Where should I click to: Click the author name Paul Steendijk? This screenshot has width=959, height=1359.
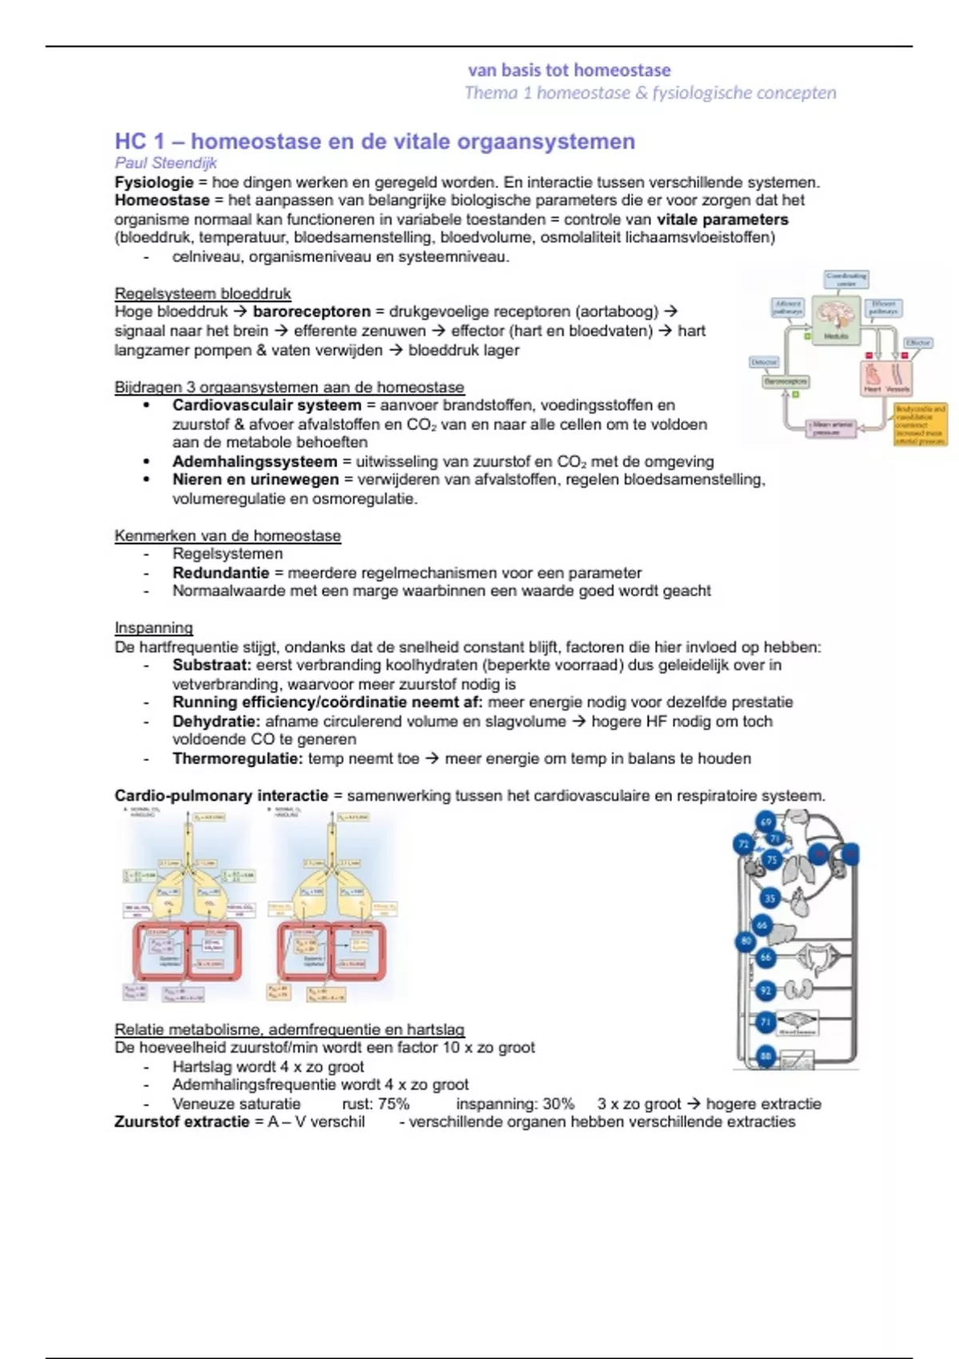pyautogui.click(x=165, y=163)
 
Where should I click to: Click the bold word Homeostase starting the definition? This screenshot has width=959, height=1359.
pyautogui.click(x=161, y=201)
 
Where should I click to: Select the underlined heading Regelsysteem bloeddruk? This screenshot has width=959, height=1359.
pyautogui.click(x=202, y=293)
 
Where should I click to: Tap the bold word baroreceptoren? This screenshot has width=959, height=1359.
pyautogui.click(x=312, y=312)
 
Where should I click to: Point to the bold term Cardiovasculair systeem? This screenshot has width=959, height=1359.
pyautogui.click(x=267, y=405)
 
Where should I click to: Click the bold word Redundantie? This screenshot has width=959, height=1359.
pyautogui.click(x=221, y=573)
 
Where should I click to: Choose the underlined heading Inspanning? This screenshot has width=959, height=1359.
pyautogui.click(x=153, y=628)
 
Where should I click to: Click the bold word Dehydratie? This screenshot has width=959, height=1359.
pyautogui.click(x=216, y=721)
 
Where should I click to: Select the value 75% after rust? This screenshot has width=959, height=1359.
pyautogui.click(x=392, y=1104)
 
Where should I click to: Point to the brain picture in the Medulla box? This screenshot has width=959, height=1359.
pyautogui.click(x=836, y=314)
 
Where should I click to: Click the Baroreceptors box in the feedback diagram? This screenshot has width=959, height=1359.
pyautogui.click(x=786, y=382)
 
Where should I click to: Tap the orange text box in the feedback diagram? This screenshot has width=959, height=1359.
pyautogui.click(x=920, y=424)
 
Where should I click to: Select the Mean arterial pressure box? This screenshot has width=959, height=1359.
pyautogui.click(x=832, y=428)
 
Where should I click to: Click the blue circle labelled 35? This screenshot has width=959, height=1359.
pyautogui.click(x=769, y=898)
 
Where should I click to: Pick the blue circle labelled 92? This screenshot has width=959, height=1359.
pyautogui.click(x=766, y=990)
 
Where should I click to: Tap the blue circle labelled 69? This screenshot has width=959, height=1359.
pyautogui.click(x=766, y=822)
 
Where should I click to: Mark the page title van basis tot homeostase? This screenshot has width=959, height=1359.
pyautogui.click(x=569, y=70)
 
